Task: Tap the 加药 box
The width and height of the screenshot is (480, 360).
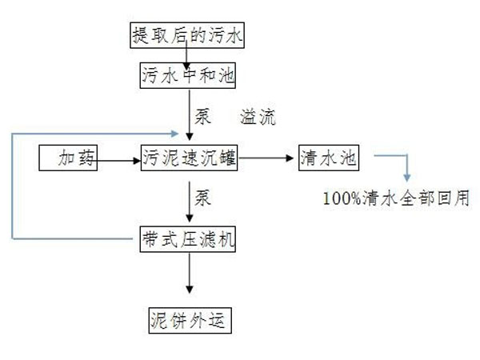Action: pyautogui.click(x=69, y=158)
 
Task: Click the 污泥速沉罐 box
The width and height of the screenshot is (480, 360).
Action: pyautogui.click(x=189, y=158)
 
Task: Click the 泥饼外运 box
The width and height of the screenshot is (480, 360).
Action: pyautogui.click(x=189, y=320)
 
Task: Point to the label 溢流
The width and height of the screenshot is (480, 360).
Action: pyautogui.click(x=258, y=118)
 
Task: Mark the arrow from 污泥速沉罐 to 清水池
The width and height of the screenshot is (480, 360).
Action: pyautogui.click(x=268, y=158)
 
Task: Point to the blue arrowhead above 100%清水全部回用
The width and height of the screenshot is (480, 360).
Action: pyautogui.click(x=406, y=175)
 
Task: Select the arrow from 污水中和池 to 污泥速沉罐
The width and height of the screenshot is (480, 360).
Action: pyautogui.click(x=189, y=112)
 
